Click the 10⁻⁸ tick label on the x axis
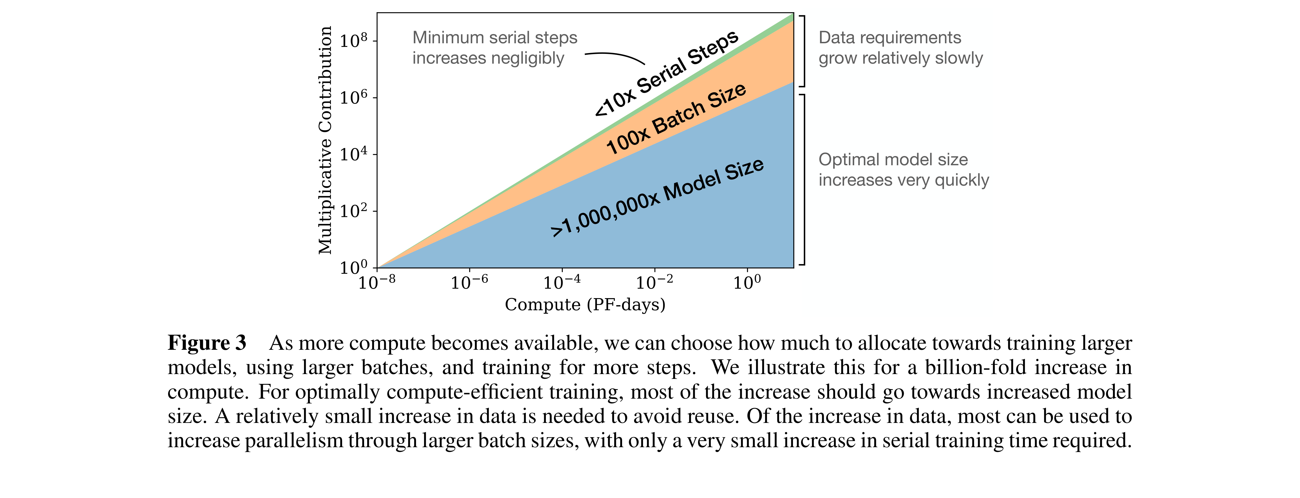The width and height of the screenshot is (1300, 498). [x=376, y=282]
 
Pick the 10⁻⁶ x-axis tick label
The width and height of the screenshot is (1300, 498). [x=469, y=282]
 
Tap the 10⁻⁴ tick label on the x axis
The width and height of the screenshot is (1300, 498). [x=562, y=282]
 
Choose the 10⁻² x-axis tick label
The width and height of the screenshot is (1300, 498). [x=654, y=282]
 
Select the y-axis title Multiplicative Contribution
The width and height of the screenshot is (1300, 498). [x=326, y=140]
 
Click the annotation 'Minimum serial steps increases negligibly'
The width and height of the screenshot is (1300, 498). [x=494, y=48]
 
